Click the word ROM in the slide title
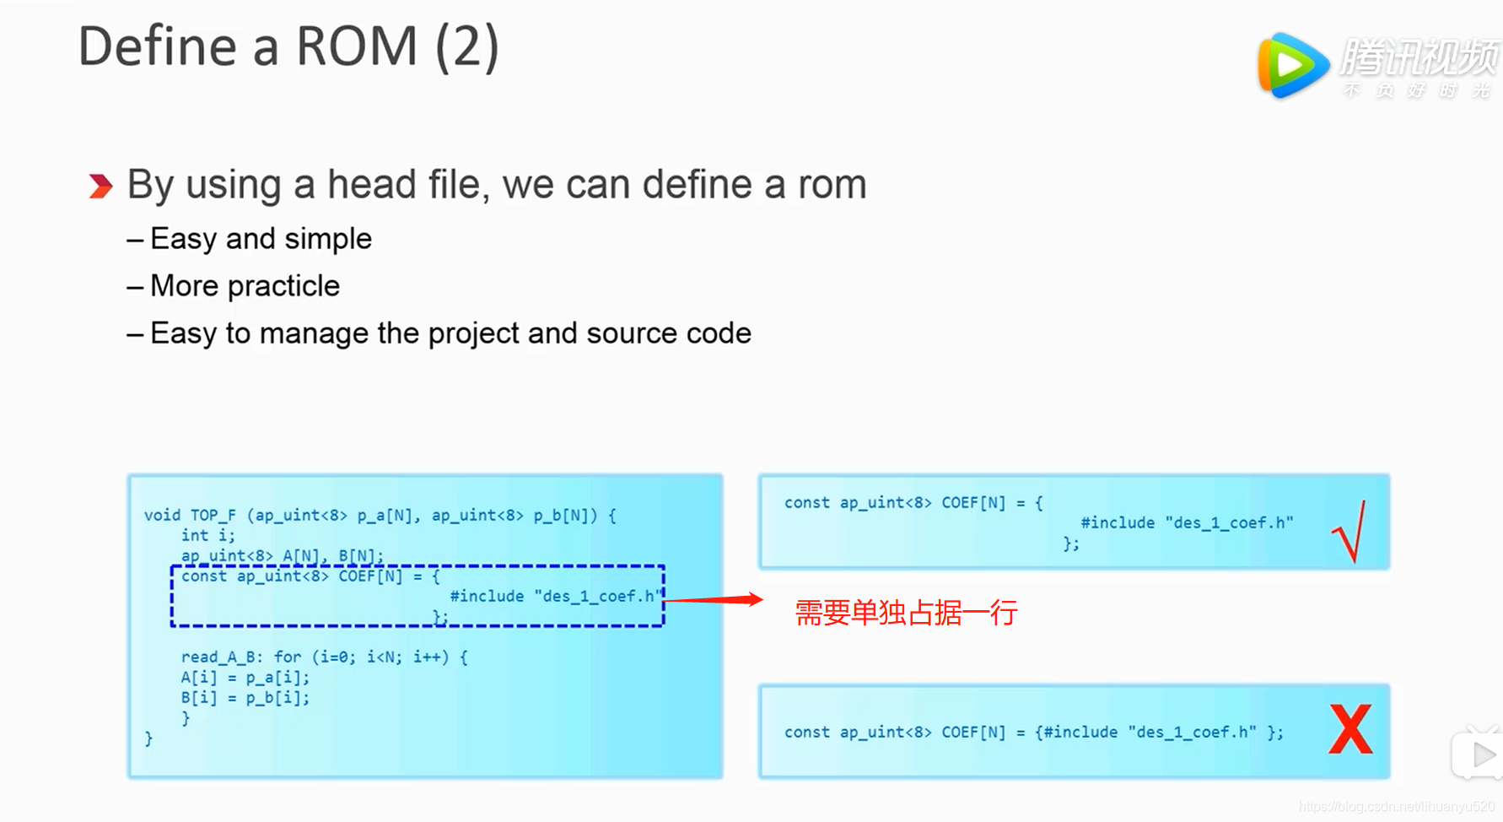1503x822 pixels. click(x=357, y=46)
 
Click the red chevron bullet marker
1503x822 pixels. click(x=100, y=186)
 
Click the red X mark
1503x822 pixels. click(x=1350, y=729)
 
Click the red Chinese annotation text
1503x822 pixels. click(x=906, y=613)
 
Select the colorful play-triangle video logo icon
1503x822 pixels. click(x=1290, y=65)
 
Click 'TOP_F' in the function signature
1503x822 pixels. click(x=213, y=515)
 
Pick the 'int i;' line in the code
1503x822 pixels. click(x=207, y=535)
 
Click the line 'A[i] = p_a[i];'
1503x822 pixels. click(x=245, y=677)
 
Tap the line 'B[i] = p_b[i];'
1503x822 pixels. click(x=245, y=697)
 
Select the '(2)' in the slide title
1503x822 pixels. click(x=467, y=46)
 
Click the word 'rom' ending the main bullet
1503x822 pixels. click(x=832, y=185)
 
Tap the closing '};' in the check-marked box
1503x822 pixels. click(x=1070, y=543)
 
